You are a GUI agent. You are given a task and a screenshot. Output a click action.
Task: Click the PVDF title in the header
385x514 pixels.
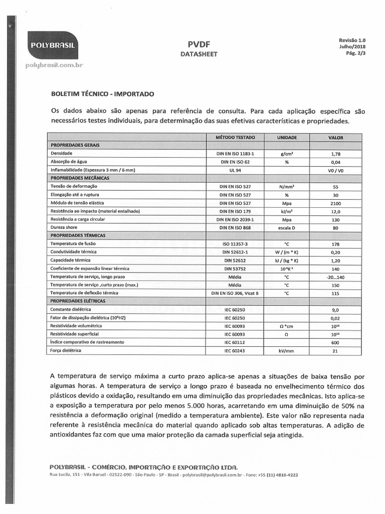(199, 44)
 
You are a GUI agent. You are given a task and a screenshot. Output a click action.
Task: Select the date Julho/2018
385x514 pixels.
(352, 47)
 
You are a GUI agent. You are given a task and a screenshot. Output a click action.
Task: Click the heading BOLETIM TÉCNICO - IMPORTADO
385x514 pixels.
(103, 94)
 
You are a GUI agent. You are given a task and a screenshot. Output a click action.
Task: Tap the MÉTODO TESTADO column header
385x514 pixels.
(235, 137)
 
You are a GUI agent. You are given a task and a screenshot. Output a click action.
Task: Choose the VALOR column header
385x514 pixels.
(335, 137)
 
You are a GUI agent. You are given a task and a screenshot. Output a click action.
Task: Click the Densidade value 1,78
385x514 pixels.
(335, 154)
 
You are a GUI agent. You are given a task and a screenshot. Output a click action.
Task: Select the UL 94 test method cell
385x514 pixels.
(235, 170)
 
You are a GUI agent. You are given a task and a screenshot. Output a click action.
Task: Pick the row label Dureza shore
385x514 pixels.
(64, 227)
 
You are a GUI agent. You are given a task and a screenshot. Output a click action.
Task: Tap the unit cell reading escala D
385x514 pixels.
(286, 227)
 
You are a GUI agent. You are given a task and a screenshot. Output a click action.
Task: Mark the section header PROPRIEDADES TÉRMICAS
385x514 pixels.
(79, 235)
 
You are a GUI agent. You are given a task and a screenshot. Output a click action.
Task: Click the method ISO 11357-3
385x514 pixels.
(235, 243)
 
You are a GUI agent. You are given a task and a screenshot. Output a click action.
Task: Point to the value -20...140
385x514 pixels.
(335, 277)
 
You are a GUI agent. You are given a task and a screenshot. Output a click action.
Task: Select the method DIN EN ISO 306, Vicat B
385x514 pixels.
(235, 293)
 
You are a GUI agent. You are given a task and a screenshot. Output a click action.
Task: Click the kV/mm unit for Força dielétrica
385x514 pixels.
(286, 351)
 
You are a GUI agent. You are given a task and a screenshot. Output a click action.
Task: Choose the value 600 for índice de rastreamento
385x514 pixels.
(335, 342)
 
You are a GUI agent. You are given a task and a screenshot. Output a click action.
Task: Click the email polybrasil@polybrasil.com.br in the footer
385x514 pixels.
(213, 474)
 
